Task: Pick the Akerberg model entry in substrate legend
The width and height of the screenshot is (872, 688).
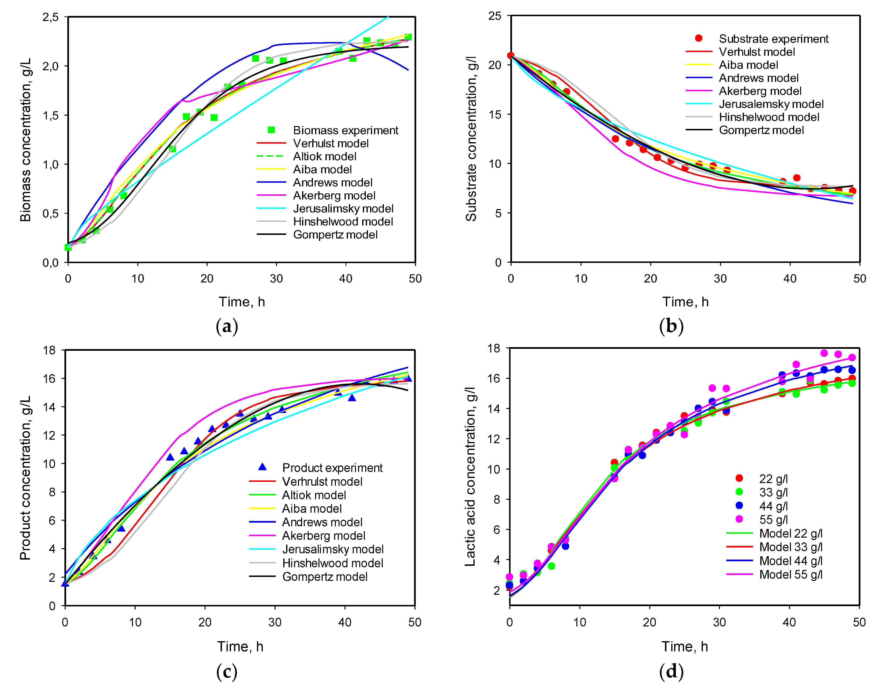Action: pos(760,91)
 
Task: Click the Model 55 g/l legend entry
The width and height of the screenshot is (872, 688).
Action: pos(790,574)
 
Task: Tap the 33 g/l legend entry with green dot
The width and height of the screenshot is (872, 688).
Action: pos(773,492)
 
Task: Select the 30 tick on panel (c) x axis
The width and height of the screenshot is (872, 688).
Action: pos(275,622)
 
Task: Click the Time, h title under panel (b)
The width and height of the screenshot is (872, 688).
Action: pos(685,302)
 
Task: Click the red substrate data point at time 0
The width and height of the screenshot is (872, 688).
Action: pos(511,56)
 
